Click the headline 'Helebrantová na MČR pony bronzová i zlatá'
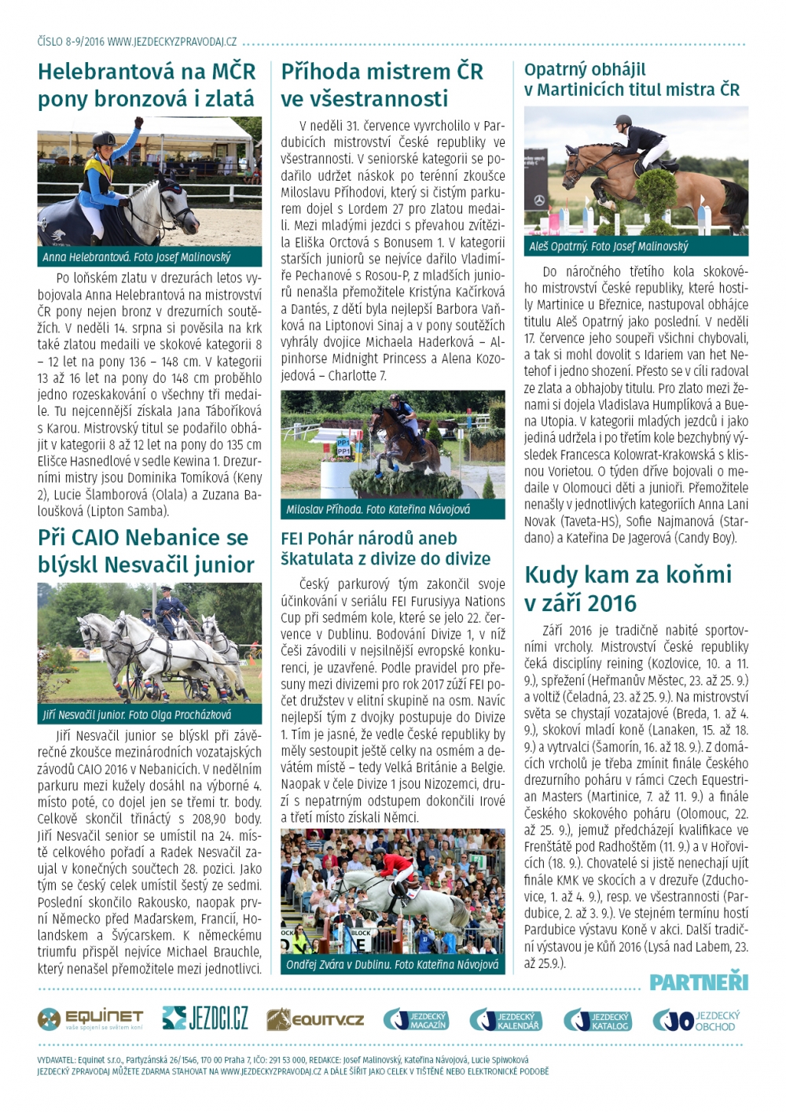[146, 85]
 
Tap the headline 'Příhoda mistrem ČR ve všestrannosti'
[382, 85]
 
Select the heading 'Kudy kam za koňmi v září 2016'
[627, 588]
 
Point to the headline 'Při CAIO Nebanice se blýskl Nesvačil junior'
[146, 550]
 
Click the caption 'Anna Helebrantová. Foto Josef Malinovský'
[137, 257]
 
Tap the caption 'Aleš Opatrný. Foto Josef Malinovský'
[608, 246]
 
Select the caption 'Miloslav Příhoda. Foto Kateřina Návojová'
[378, 510]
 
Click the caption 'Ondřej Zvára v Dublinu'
[392, 964]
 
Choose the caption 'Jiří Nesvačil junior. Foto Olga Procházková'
[137, 715]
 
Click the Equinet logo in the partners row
[90, 1019]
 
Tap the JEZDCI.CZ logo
[205, 1018]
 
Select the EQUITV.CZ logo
[315, 1020]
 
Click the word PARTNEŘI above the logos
[698, 982]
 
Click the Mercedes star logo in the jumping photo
[539, 201]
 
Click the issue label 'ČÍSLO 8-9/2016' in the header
[70, 41]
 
